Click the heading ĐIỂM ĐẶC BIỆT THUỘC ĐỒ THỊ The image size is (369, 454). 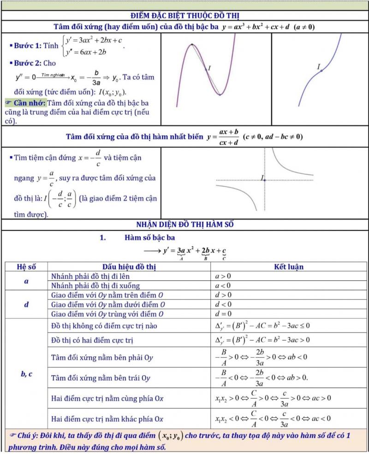184,15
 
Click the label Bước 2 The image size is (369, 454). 28,63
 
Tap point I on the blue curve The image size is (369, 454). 321,71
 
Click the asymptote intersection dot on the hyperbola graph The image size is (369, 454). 264,180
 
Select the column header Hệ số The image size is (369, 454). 26,266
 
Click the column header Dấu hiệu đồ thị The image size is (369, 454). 130,266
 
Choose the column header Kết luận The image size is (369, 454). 289,266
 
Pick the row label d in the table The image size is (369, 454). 26,304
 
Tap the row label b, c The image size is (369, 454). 26,374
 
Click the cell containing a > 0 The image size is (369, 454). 223,276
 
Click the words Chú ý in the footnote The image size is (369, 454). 29,436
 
